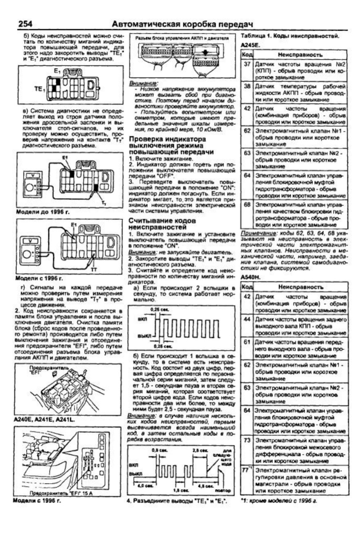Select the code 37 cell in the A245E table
247,65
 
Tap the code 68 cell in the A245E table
247,205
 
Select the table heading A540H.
251,278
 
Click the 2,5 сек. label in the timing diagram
199,450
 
